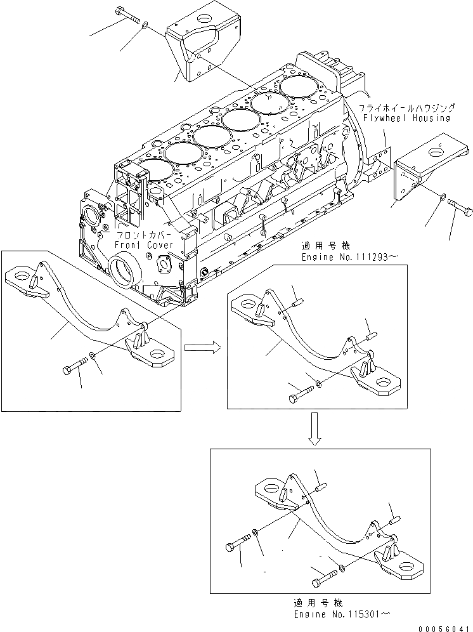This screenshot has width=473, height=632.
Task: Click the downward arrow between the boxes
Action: (x=313, y=430)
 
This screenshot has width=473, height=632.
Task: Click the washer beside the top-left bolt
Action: (x=145, y=25)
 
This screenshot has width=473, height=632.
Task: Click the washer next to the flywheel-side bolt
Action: (x=441, y=200)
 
